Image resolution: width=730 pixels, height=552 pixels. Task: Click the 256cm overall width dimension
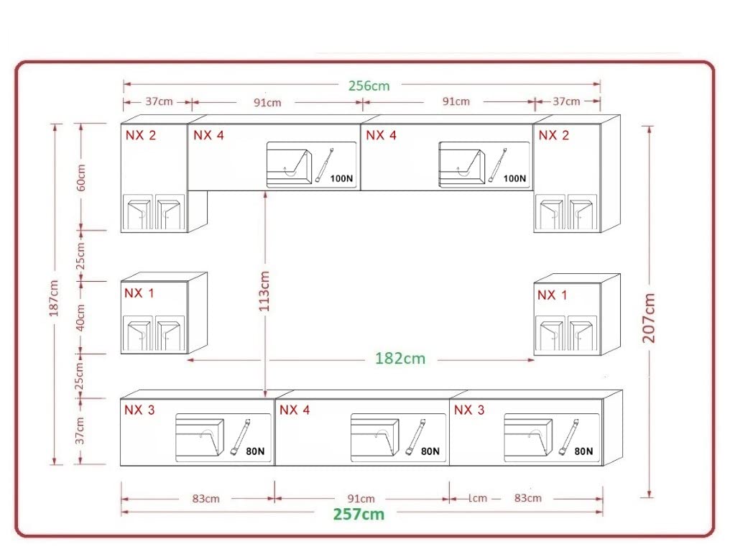(369, 86)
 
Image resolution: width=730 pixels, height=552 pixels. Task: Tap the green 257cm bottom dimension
(359, 515)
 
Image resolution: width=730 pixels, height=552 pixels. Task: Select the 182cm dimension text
(400, 358)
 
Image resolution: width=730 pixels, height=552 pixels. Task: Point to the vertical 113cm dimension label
(264, 291)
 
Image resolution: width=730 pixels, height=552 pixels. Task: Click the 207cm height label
(649, 318)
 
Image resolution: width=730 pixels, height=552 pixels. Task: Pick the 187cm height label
(54, 298)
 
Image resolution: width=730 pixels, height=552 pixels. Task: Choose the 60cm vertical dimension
(81, 178)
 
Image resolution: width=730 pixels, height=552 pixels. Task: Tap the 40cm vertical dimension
(80, 317)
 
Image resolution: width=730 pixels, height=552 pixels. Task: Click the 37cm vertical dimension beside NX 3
(80, 431)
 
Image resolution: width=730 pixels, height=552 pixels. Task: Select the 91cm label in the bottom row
(361, 498)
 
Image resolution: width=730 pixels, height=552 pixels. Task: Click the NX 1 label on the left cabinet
(139, 293)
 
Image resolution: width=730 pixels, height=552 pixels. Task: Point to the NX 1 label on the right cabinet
(552, 295)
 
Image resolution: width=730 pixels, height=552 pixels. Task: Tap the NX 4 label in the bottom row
(295, 410)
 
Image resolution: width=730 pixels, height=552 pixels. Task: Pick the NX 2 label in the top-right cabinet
(554, 135)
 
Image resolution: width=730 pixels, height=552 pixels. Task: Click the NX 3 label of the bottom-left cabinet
(139, 410)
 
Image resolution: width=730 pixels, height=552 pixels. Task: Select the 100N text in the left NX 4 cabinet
(342, 178)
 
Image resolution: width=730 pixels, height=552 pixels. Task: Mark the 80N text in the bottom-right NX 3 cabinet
(583, 451)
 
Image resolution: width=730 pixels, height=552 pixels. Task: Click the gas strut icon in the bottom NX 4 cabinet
(416, 436)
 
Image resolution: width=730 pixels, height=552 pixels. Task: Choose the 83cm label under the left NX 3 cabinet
(205, 498)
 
